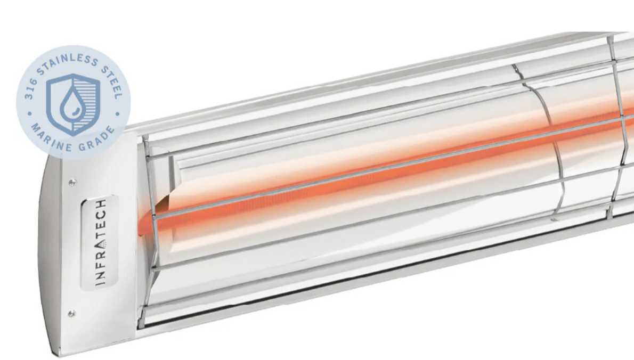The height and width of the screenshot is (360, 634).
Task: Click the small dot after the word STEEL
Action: [118, 113]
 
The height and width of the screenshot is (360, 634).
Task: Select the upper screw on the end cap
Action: [72, 182]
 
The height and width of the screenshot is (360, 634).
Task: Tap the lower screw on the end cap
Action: [71, 314]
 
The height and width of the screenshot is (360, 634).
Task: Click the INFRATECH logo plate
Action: [97, 243]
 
